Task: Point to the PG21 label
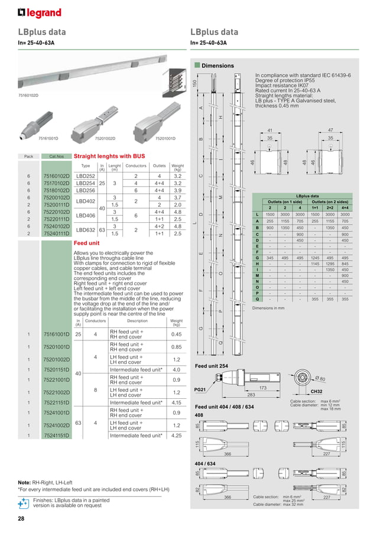[200, 390]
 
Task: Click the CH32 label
[317, 391]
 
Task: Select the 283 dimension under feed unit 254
[251, 395]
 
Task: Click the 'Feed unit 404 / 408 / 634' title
[225, 407]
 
